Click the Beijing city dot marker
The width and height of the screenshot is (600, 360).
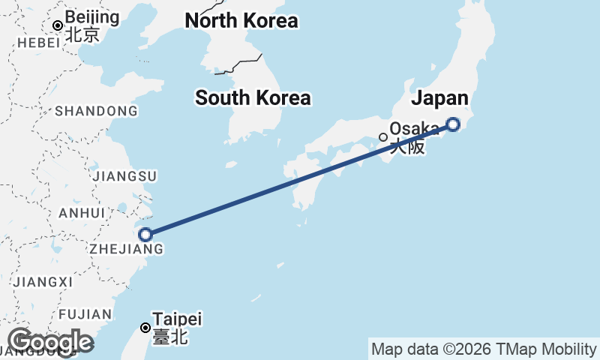58,25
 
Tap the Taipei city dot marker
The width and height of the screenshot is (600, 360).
145,327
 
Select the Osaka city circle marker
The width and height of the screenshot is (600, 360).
383,137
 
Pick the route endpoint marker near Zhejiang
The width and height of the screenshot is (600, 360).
145,235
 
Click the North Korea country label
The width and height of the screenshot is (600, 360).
241,21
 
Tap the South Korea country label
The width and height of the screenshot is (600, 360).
253,97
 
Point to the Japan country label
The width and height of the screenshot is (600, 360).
440,98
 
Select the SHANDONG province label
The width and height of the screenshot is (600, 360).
96,111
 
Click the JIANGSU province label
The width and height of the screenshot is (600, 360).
124,176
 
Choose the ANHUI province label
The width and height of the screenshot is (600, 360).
82,212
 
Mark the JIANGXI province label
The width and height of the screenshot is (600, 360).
43,281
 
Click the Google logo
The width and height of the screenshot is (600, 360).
49,342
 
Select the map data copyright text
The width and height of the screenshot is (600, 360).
484,349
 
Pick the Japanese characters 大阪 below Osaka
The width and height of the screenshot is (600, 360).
406,146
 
